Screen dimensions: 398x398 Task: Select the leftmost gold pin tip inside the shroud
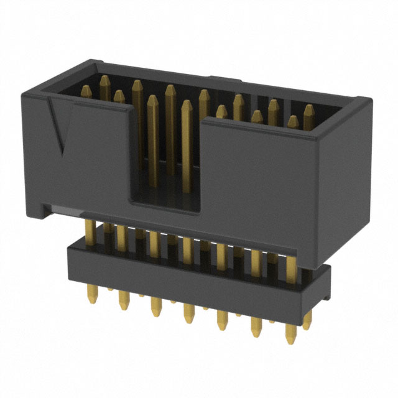pyautogui.click(x=104, y=81)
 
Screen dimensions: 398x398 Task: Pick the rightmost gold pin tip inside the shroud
pyautogui.click(x=308, y=109)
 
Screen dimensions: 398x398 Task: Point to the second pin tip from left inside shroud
pyautogui.click(x=118, y=94)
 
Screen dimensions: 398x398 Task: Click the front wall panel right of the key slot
pyautogui.click(x=261, y=180)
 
